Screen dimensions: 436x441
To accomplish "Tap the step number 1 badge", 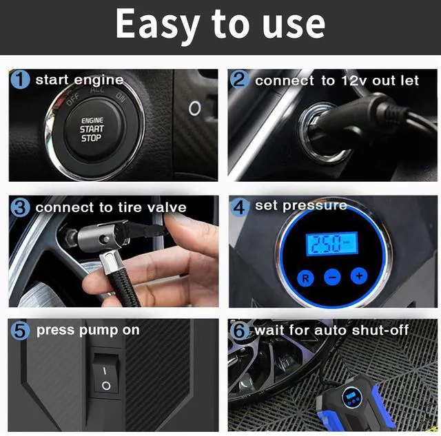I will (21, 79).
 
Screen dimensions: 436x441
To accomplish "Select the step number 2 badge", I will (239, 79).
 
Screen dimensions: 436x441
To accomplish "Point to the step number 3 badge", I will (21, 207).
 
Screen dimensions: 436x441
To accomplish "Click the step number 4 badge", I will (240, 206).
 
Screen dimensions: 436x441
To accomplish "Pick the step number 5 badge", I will (21, 331).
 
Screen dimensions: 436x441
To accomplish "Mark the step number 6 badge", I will (240, 331).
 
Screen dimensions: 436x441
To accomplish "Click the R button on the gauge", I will (305, 278).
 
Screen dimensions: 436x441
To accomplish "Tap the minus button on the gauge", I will (331, 277).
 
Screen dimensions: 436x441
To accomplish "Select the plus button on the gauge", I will (358, 276).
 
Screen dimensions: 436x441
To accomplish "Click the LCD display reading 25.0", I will (332, 242).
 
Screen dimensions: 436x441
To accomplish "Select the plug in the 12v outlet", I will (345, 117).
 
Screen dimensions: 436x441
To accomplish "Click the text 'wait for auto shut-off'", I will (331, 331).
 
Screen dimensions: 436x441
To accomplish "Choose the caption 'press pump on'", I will (88, 331).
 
